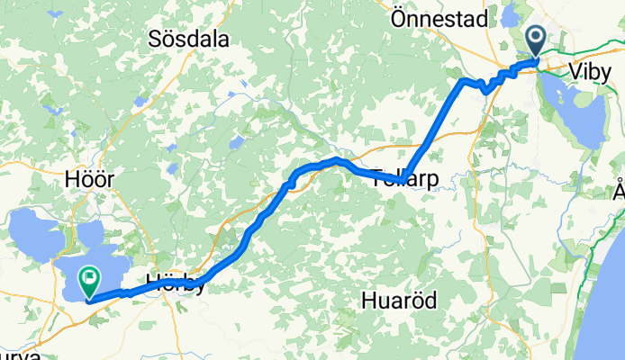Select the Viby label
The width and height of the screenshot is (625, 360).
click(591, 72)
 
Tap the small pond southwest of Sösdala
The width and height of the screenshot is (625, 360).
click(237, 142)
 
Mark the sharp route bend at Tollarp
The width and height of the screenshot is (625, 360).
click(403, 181)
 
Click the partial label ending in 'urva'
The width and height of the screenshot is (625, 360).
click(18, 355)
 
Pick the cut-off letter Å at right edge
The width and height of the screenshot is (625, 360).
click(619, 192)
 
